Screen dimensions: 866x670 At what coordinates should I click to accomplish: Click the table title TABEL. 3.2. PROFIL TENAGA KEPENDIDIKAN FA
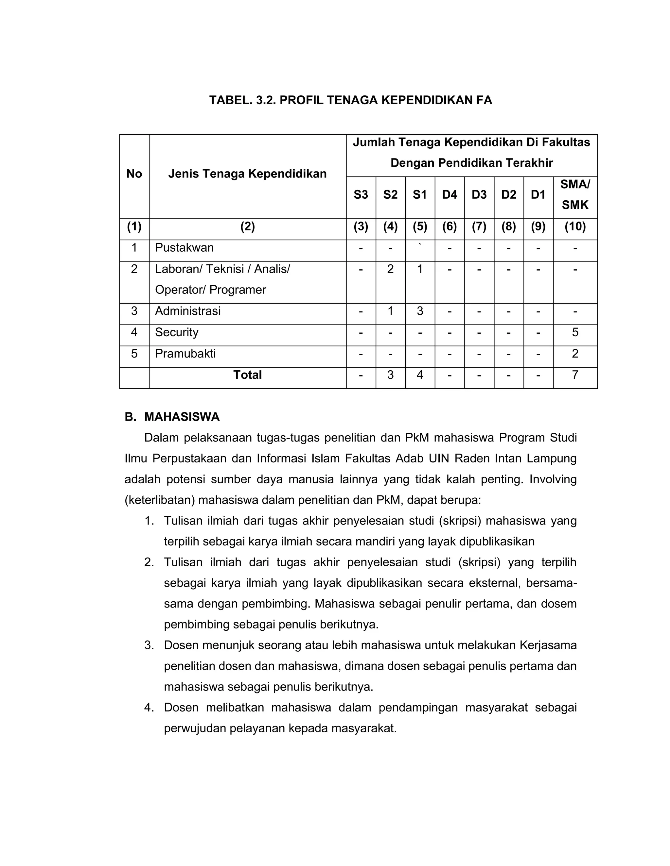[350, 100]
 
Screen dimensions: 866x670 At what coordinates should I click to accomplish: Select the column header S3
[361, 195]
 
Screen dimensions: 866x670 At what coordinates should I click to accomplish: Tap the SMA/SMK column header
[575, 194]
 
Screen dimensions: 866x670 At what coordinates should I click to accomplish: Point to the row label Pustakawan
[184, 248]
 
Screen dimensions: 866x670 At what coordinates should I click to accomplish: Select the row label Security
[177, 332]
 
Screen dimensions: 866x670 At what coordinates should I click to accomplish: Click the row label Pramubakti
[185, 354]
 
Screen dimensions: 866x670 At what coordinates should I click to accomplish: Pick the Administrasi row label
[188, 311]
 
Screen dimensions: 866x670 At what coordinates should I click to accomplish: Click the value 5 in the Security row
[575, 332]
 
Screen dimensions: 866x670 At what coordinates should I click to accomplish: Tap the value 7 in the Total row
[575, 375]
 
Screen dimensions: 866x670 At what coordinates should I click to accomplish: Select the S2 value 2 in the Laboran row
[390, 269]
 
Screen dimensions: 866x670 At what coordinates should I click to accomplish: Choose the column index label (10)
[575, 227]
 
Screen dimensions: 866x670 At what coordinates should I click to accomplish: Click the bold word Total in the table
[247, 375]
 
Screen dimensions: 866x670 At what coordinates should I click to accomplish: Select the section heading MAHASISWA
[182, 417]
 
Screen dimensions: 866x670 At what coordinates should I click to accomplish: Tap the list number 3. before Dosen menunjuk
[149, 645]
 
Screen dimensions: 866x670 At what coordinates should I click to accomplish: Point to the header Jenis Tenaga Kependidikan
[247, 174]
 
